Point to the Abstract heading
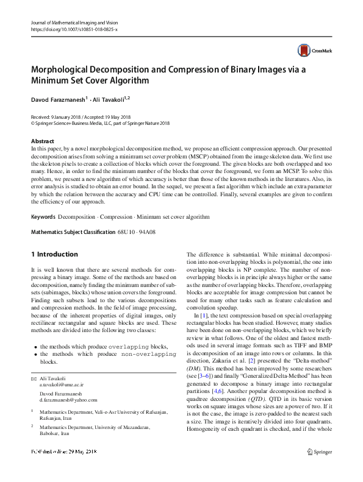point(42,141)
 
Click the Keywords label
point(44,199)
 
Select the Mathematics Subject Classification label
point(73,215)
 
